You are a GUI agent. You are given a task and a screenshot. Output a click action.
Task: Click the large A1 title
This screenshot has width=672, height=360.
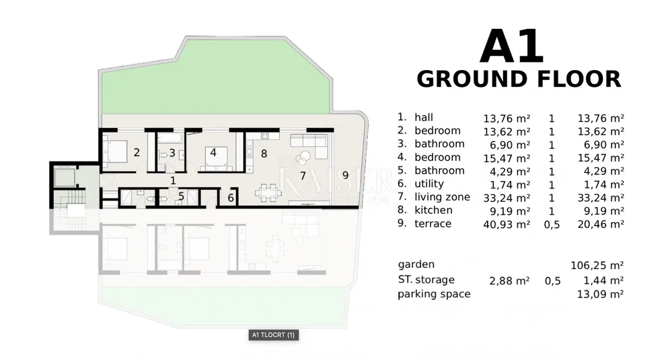click(x=512, y=46)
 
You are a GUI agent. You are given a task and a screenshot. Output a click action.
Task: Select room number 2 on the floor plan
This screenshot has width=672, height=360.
click(x=137, y=152)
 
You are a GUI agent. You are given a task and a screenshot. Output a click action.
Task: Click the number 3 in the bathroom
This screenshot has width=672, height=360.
click(x=172, y=153)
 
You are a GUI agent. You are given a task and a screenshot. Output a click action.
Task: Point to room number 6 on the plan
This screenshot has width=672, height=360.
click(x=231, y=198)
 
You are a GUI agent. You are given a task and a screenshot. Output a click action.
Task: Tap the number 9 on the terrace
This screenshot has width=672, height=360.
click(x=346, y=175)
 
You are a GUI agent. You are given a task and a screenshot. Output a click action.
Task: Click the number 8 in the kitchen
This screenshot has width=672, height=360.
click(x=264, y=153)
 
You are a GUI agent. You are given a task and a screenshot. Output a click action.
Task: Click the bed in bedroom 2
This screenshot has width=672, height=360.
click(x=115, y=152)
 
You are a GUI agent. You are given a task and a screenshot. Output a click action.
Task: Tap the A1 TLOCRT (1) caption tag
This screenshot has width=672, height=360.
click(x=273, y=334)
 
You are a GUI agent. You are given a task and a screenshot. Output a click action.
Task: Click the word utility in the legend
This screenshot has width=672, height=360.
click(x=429, y=184)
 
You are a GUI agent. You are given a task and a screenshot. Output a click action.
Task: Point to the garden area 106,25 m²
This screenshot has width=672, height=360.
click(x=597, y=265)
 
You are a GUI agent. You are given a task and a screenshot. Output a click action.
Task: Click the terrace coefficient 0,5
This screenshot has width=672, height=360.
click(x=552, y=224)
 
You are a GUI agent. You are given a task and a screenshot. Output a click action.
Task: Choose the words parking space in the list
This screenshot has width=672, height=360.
click(x=434, y=294)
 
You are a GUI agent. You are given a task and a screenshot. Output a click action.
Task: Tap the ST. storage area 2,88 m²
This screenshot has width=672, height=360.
click(x=510, y=281)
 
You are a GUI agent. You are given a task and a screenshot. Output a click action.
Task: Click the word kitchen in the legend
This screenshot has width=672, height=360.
click(x=433, y=210)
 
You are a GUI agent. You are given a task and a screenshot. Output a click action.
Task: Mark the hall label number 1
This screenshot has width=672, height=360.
click(x=173, y=181)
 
